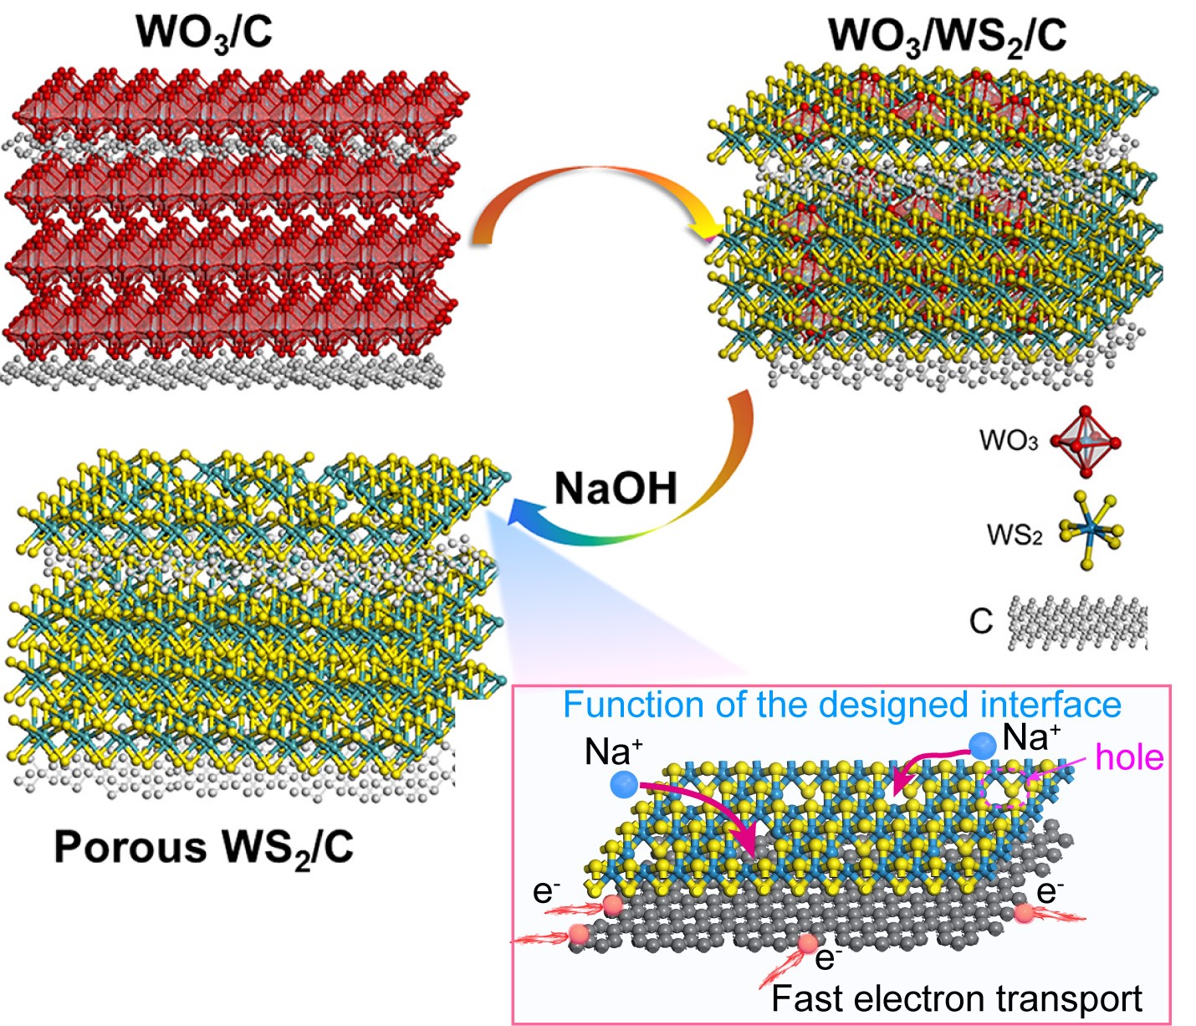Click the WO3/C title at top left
point(204,33)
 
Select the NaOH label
point(616,487)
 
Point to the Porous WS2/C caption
point(203,847)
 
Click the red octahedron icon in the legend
point(1085,442)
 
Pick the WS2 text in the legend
point(1014,534)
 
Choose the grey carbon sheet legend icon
point(1078,623)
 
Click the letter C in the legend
point(981,621)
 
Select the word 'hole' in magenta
point(1129,757)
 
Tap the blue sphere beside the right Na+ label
point(982,745)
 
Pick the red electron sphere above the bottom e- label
point(807,944)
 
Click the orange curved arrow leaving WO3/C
point(585,188)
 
